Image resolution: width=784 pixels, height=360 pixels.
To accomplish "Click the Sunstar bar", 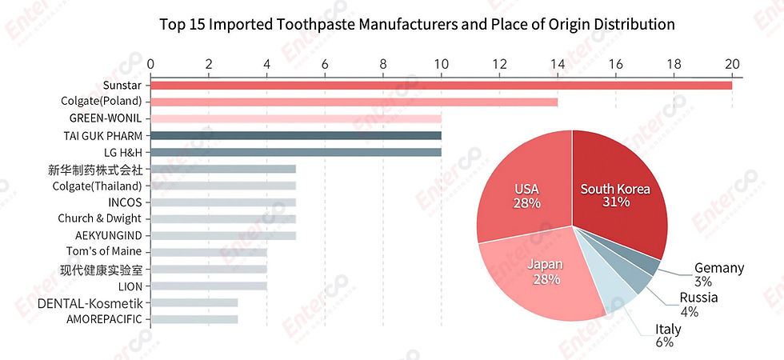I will [440, 85].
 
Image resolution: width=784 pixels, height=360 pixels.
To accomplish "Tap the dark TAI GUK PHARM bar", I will [295, 135].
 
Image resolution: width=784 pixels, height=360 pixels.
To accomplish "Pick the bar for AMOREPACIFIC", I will [194, 319].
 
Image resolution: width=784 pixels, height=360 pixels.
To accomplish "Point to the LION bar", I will [208, 286].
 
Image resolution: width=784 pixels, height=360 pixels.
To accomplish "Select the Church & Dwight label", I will [99, 218].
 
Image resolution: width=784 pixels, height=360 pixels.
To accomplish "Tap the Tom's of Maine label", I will [104, 252].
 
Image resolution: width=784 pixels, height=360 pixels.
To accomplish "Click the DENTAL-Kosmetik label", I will [90, 302].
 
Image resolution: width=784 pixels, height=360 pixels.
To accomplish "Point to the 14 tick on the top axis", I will [558, 63].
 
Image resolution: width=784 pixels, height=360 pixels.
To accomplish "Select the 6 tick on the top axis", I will [325, 63].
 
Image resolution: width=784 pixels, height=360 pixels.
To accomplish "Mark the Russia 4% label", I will [698, 305].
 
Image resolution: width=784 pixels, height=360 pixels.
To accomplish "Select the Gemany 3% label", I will [718, 274].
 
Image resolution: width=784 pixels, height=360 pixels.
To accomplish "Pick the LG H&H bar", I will [295, 152].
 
